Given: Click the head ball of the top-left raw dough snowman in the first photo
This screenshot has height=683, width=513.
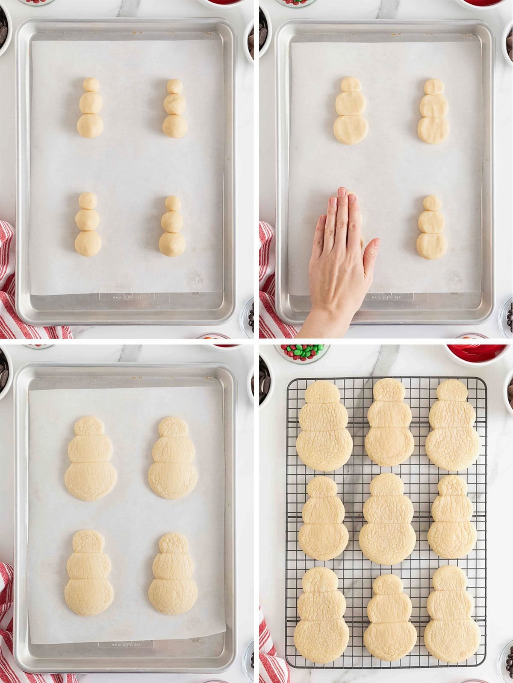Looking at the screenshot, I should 91,84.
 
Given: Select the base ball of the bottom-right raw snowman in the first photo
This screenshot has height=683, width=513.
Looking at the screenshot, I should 173,243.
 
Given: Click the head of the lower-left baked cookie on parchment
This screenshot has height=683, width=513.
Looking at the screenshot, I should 88,541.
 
